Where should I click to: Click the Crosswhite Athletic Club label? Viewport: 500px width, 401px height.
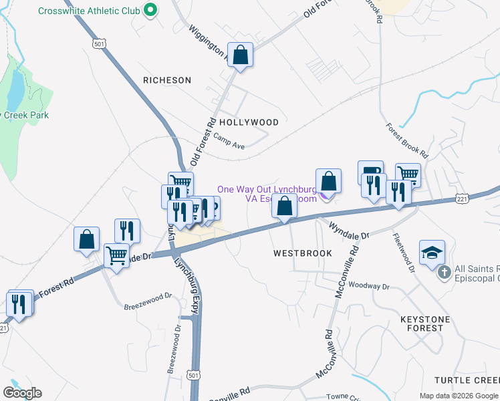pyautogui.click(x=89, y=11)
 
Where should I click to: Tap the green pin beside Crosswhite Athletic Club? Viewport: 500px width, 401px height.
pyautogui.click(x=150, y=11)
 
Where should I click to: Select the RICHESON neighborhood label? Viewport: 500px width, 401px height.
pyautogui.click(x=167, y=80)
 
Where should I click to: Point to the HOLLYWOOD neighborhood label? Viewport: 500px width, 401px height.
pyautogui.click(x=249, y=122)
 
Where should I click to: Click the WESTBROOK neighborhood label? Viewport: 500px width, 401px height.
pyautogui.click(x=303, y=254)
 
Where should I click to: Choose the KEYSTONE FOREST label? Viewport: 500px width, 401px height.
pyautogui.click(x=430, y=323)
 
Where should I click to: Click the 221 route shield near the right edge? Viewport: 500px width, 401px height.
pyautogui.click(x=462, y=199)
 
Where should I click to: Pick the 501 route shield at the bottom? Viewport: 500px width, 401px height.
pyautogui.click(x=193, y=376)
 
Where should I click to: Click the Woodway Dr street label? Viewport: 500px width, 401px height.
pyautogui.click(x=368, y=285)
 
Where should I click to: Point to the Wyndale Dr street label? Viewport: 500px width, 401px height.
pyautogui.click(x=348, y=231)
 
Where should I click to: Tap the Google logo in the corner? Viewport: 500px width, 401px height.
pyautogui.click(x=22, y=393)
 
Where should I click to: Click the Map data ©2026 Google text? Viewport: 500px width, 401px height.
pyautogui.click(x=459, y=396)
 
